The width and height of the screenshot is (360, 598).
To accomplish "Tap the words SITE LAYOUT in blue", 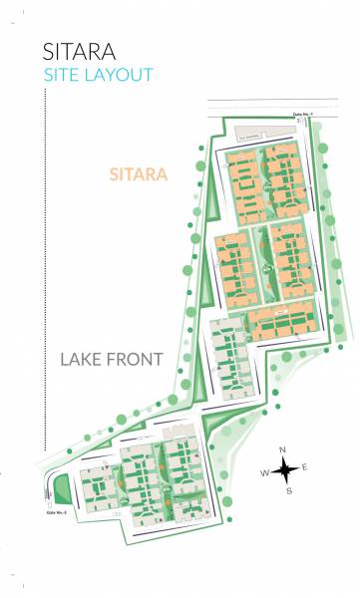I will pyautogui.click(x=99, y=75).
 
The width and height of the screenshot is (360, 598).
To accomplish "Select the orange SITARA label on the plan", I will pyautogui.click(x=138, y=174).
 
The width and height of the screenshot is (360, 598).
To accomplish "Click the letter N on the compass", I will pyautogui.click(x=283, y=449).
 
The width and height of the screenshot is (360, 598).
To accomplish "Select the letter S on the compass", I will pyautogui.click(x=288, y=490).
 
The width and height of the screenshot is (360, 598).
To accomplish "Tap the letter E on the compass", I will pyautogui.click(x=304, y=466).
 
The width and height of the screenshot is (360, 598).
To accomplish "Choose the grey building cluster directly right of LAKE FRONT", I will pyautogui.click(x=229, y=359).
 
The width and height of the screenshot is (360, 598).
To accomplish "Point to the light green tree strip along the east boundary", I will pyautogui.click(x=329, y=249).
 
